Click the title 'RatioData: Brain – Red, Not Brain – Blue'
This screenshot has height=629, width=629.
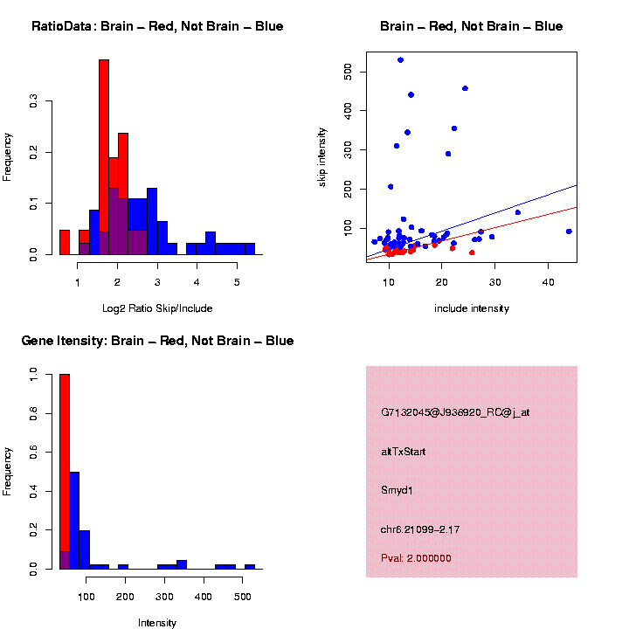point(157,26)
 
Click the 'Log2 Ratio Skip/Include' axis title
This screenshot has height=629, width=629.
point(157,308)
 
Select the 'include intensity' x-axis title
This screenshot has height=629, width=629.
point(472,308)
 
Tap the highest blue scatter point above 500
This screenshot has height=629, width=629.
point(400,59)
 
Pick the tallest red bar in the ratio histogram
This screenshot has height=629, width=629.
point(104,157)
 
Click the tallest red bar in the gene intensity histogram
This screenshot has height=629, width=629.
point(65,472)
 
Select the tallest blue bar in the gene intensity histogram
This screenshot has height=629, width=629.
point(75,520)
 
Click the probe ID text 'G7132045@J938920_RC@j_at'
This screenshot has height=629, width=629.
point(455,412)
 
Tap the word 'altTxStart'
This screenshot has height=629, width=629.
point(404,452)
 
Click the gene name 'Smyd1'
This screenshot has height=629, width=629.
point(397,491)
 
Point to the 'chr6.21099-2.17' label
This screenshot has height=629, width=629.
point(420,529)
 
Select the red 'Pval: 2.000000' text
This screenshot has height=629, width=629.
point(417,558)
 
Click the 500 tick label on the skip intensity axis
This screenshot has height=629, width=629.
point(349,70)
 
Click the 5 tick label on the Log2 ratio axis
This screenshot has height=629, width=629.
point(237,282)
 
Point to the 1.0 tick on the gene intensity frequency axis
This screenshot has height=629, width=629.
point(33,374)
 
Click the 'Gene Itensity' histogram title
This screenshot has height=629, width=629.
point(157,340)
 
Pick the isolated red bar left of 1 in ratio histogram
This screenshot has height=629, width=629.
point(65,242)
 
